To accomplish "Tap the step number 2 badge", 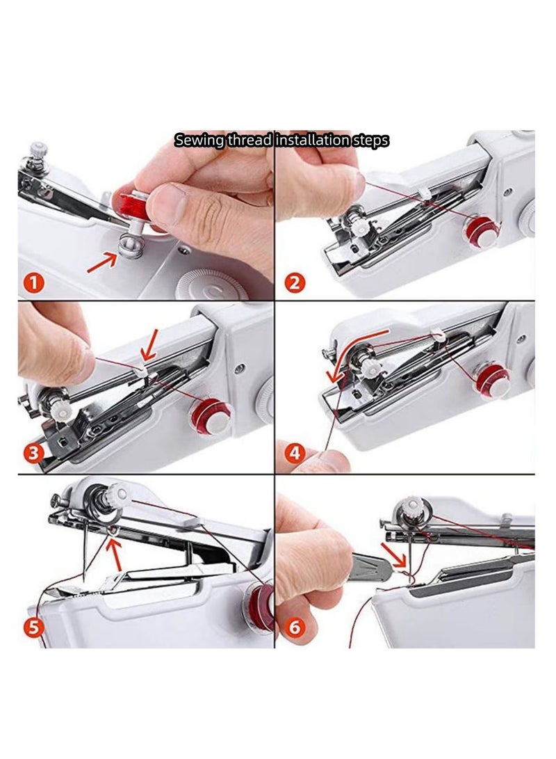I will (x=295, y=283).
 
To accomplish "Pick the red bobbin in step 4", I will (x=492, y=378).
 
